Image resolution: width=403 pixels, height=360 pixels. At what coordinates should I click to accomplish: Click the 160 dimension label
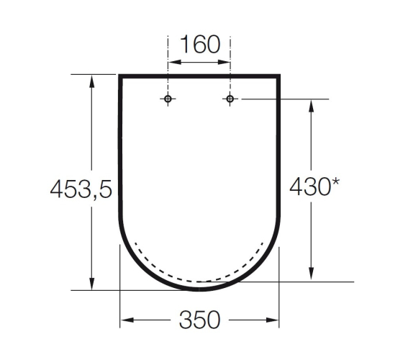(x=200, y=44)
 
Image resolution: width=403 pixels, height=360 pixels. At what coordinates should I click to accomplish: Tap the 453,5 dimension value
(x=81, y=189)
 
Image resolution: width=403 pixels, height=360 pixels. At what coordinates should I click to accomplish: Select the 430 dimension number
(x=310, y=186)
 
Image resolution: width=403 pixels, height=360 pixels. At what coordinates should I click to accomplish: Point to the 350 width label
(x=200, y=320)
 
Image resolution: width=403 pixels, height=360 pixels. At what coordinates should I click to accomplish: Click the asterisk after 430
(x=335, y=181)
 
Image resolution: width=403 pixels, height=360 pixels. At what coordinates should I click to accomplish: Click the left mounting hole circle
(x=168, y=99)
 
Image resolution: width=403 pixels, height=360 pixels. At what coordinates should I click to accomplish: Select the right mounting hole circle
(x=230, y=99)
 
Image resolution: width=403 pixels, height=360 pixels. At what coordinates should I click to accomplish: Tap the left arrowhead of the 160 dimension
(x=174, y=62)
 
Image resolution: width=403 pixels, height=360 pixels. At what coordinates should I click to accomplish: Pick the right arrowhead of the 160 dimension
(x=223, y=62)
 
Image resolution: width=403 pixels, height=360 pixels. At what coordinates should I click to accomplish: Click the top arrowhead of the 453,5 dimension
(x=92, y=81)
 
